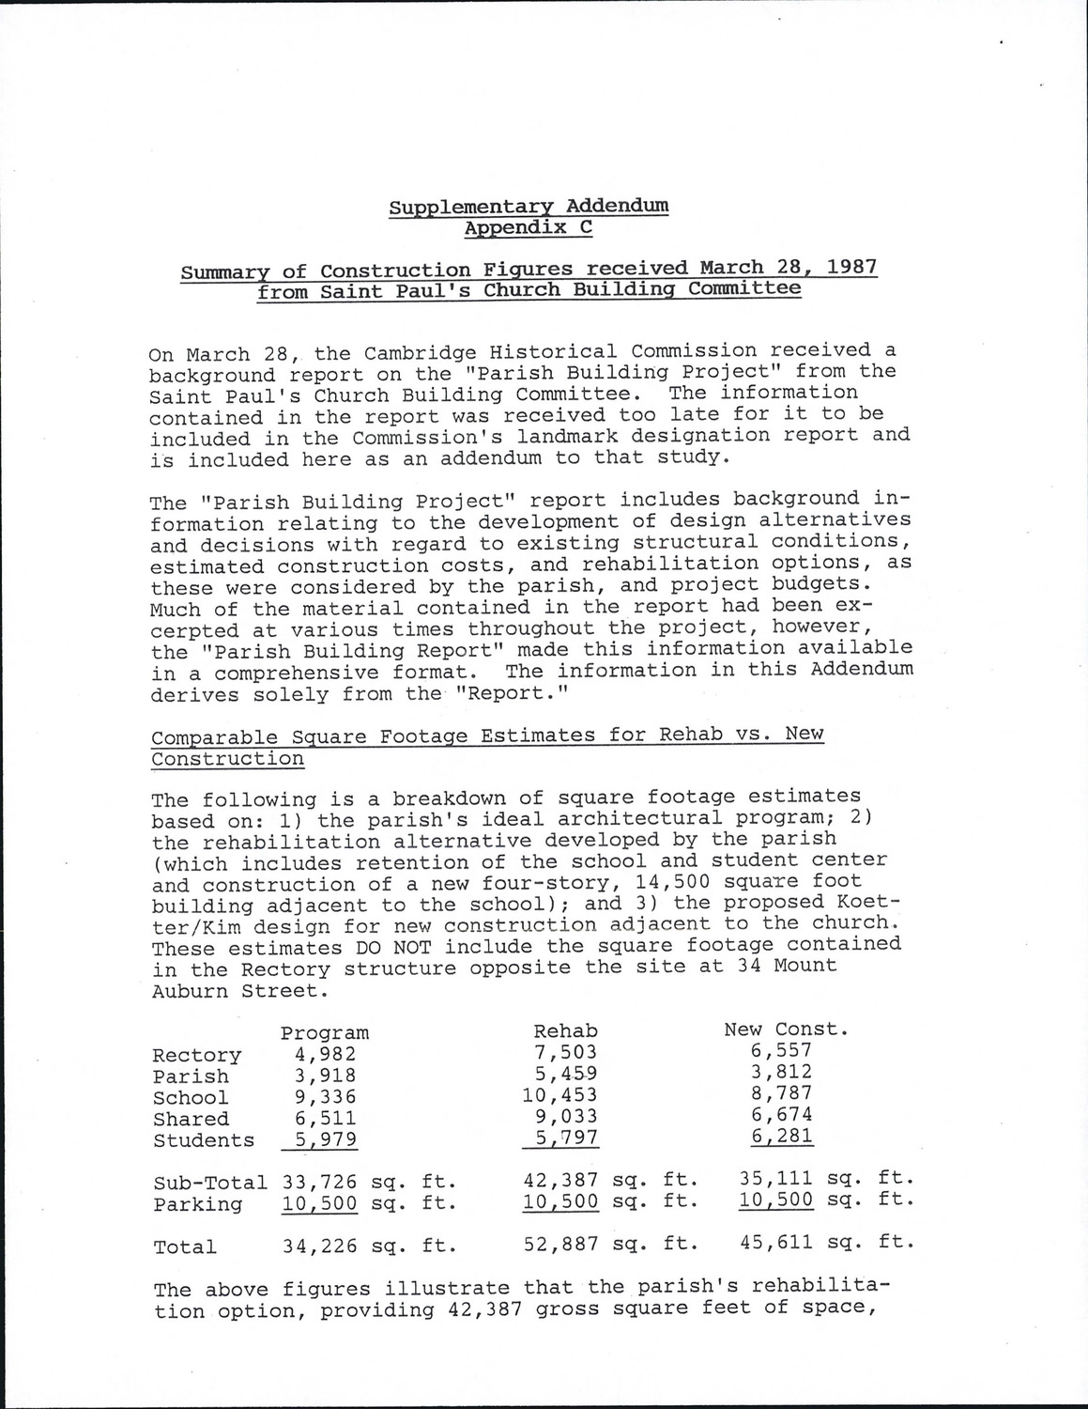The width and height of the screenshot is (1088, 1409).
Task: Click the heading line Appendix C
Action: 529,227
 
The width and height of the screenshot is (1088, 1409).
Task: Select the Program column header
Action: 325,1033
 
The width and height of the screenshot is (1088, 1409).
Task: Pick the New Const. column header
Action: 786,1029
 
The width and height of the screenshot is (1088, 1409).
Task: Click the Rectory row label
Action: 196,1056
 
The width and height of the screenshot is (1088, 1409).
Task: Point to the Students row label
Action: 203,1140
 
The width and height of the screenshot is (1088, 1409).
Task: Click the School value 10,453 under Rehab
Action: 559,1095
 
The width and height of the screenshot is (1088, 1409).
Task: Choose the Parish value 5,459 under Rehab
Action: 565,1074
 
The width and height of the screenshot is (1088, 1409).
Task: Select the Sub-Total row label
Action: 209,1183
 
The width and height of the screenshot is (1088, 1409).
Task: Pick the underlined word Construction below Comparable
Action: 228,758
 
